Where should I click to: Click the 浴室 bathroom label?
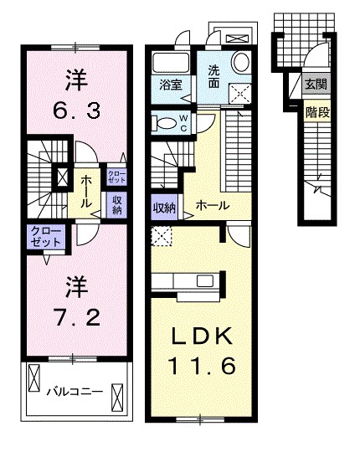(x=171, y=85)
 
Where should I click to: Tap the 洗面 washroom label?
(x=213, y=77)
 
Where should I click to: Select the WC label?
(x=183, y=123)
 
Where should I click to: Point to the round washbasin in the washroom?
(x=241, y=61)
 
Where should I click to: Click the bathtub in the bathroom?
(x=171, y=63)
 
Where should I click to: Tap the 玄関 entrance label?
(x=316, y=85)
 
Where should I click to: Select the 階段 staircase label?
(x=317, y=112)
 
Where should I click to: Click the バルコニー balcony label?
(x=75, y=391)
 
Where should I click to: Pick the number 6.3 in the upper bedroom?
(x=77, y=110)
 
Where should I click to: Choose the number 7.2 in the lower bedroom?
(x=77, y=317)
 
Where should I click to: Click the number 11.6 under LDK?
(x=202, y=367)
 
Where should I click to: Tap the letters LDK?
(x=202, y=336)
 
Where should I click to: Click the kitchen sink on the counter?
(x=205, y=281)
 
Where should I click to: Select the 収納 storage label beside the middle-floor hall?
(x=164, y=208)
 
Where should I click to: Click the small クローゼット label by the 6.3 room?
(x=116, y=177)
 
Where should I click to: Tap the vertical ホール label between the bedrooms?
(x=85, y=192)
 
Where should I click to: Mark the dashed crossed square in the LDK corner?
(x=162, y=236)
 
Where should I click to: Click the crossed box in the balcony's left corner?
(x=33, y=377)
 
